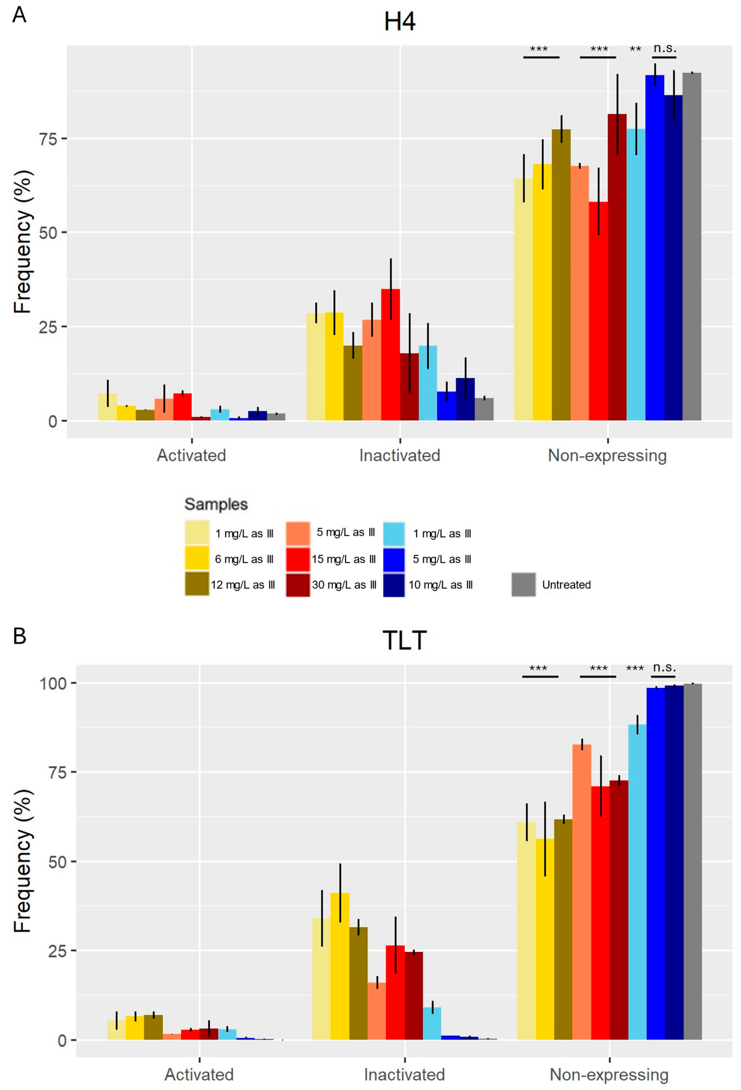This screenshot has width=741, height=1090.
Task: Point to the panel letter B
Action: pos(19,636)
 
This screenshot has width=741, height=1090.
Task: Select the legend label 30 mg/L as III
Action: pos(344,585)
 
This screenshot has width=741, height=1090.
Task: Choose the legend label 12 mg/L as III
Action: pos(243,585)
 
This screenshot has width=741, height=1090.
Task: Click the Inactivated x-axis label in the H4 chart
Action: pos(399,455)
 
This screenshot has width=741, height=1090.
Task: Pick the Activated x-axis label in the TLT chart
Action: pos(199,1075)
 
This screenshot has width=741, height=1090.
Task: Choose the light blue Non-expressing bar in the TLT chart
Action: pos(637,882)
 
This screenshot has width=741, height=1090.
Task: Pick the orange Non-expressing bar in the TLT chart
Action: pos(581,891)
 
